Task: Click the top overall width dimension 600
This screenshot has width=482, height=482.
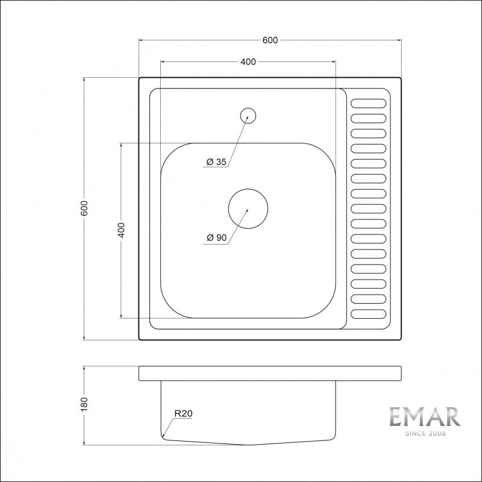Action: (x=270, y=40)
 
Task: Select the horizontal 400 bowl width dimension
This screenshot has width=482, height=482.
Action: (x=248, y=61)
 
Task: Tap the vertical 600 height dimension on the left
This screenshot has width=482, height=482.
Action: (x=85, y=208)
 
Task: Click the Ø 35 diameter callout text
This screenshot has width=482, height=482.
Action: (x=216, y=162)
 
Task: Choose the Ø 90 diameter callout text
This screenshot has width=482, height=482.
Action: (x=216, y=238)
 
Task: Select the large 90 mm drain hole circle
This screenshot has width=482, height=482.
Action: (x=248, y=208)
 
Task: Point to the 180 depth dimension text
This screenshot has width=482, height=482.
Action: (x=85, y=403)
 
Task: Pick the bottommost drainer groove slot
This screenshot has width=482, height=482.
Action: (x=368, y=314)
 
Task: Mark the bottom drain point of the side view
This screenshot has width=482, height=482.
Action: (x=248, y=445)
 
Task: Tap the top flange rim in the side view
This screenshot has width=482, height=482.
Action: (x=270, y=373)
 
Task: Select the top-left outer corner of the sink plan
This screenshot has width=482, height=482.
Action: (x=140, y=78)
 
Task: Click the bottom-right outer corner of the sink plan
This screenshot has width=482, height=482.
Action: (x=401, y=340)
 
